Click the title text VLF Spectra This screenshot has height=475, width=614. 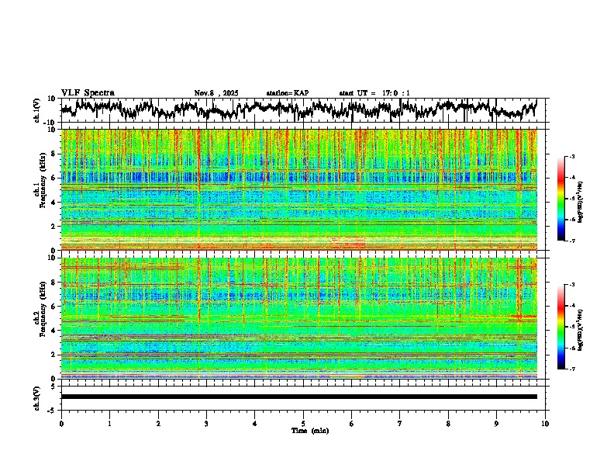coord(88,93)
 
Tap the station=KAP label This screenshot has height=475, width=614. coord(287,93)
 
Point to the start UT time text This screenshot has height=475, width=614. coord(374,93)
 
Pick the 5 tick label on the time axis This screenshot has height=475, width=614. coord(303,423)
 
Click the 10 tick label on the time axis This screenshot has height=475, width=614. coord(545,423)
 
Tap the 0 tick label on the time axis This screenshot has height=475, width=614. coord(61,423)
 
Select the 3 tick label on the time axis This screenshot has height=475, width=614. coord(206,423)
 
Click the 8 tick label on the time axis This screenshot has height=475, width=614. coord(448,423)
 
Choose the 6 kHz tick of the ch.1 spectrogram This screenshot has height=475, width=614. coord(55,178)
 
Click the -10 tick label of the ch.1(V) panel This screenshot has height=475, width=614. coord(51,123)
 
